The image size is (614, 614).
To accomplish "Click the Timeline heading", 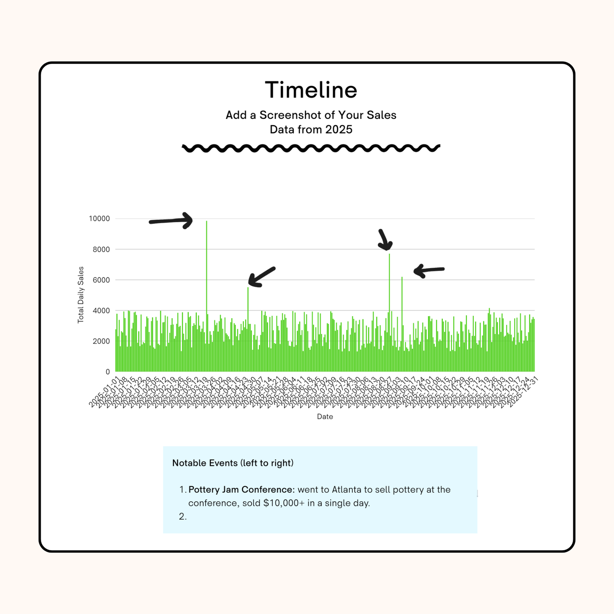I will coord(311,90).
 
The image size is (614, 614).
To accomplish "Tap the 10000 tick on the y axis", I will coord(99,219).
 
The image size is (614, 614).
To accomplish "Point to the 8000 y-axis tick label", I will coord(101,249).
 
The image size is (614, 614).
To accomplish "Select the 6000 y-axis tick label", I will coord(101,280).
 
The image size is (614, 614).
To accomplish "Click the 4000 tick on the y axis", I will coord(101,311).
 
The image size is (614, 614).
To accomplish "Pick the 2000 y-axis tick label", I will coord(101,341).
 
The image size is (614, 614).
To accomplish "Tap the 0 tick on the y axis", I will coord(108,372).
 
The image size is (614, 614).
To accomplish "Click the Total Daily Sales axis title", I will coord(81,295).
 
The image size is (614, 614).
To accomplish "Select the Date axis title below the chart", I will coord(325,417).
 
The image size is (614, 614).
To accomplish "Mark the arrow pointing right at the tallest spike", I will coord(171,221).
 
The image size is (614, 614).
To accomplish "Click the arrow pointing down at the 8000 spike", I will coord(385,240).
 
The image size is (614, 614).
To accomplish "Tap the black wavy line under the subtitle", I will coord(311,148).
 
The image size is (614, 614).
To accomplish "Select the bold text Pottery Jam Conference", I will coord(241,490).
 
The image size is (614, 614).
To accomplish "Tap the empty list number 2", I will coord(183,517).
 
